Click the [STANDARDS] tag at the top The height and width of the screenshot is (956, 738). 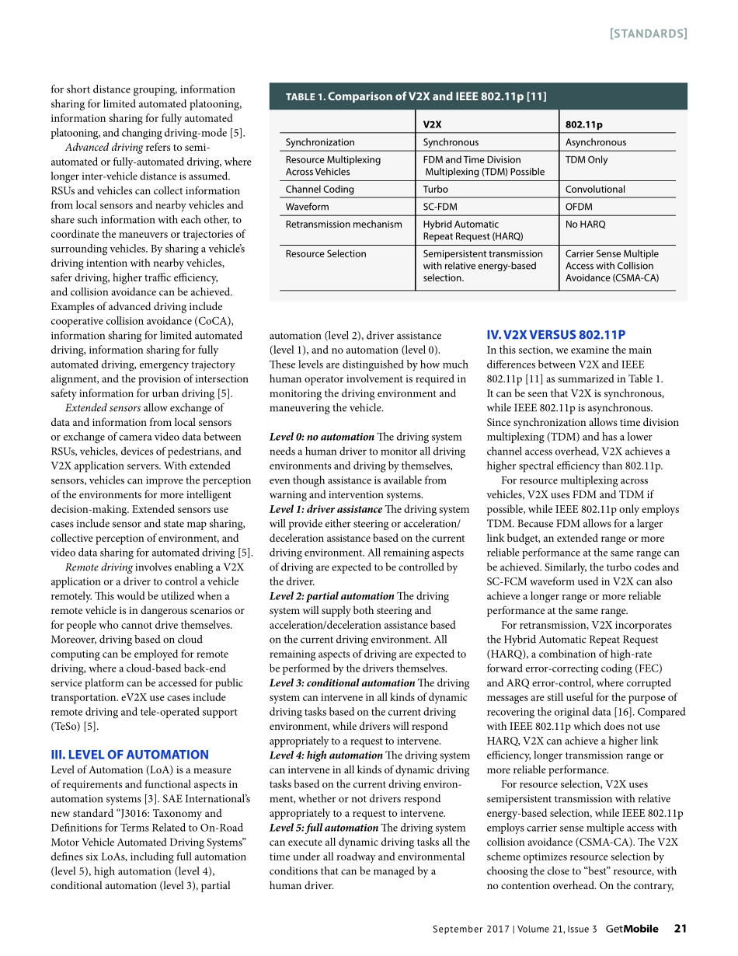tap(648, 33)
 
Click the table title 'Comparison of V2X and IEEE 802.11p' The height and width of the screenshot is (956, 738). tap(437, 96)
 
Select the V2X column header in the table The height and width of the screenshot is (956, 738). tap(433, 124)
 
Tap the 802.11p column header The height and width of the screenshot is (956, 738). tap(583, 124)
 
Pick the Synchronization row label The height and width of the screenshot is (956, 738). tap(319, 142)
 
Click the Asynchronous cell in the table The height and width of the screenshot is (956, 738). tap(595, 142)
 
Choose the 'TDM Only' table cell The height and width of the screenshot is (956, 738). tap(587, 160)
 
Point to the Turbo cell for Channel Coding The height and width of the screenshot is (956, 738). tap(435, 189)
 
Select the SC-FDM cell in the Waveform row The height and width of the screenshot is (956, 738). tap(439, 207)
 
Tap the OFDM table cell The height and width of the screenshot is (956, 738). tap(579, 207)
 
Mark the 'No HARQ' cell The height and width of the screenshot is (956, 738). tap(585, 225)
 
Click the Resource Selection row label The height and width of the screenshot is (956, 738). tap(325, 254)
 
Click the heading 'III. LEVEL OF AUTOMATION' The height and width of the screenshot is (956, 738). tap(129, 755)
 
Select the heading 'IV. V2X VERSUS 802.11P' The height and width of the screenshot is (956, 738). tap(555, 336)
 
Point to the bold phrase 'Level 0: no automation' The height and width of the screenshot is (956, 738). tap(322, 437)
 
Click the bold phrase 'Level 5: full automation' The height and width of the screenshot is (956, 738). tap(324, 828)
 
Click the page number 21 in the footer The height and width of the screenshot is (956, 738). tap(681, 929)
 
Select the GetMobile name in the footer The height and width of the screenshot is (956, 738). tap(632, 929)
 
